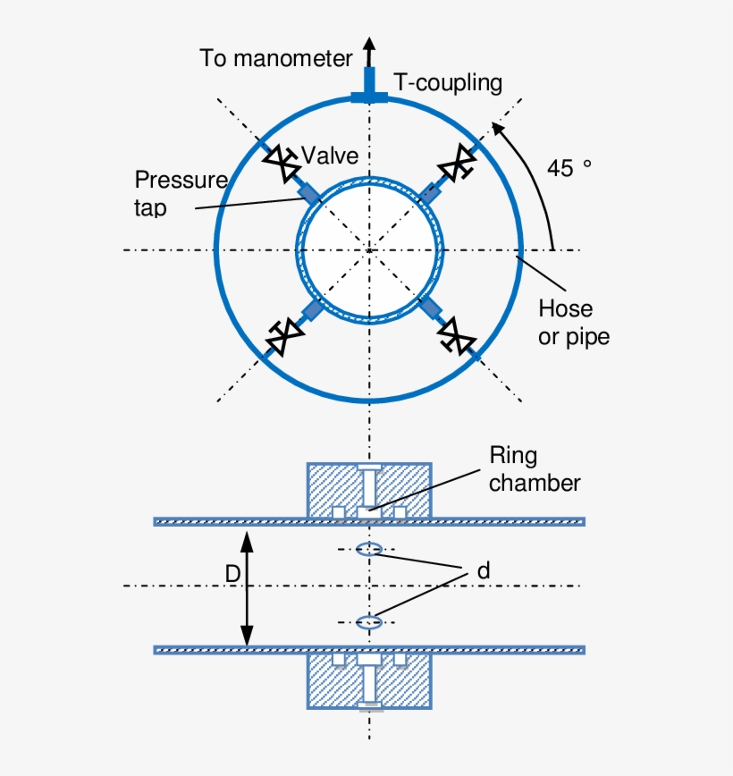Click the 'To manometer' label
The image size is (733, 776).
click(x=275, y=59)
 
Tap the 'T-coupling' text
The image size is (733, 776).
click(x=448, y=83)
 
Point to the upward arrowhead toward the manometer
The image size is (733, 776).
click(x=368, y=44)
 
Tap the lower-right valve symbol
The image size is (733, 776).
click(x=455, y=336)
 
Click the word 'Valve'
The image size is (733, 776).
click(x=330, y=156)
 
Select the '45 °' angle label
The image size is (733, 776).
click(x=569, y=168)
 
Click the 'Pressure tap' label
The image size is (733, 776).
click(x=181, y=193)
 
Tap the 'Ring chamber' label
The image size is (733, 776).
click(x=534, y=469)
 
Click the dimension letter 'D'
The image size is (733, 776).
click(x=232, y=575)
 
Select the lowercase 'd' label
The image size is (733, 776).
click(x=484, y=569)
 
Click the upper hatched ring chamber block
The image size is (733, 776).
click(x=331, y=487)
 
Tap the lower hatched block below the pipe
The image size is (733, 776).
click(x=331, y=684)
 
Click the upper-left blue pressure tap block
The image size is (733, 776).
click(x=308, y=192)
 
